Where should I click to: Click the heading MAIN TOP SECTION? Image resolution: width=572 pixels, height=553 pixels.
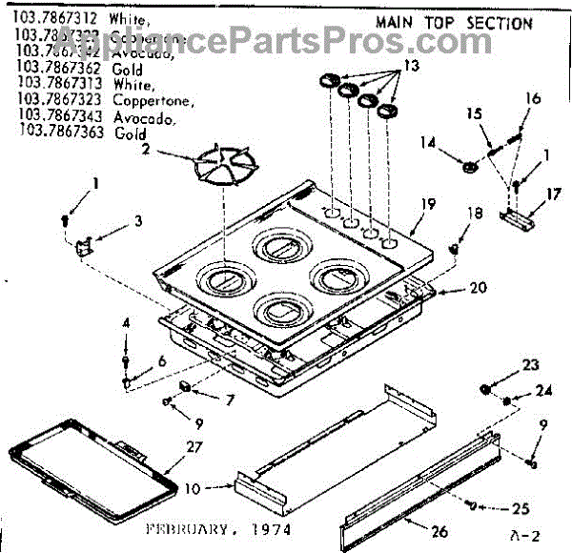(454, 23)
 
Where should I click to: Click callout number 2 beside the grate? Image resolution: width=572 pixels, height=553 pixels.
(146, 148)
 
